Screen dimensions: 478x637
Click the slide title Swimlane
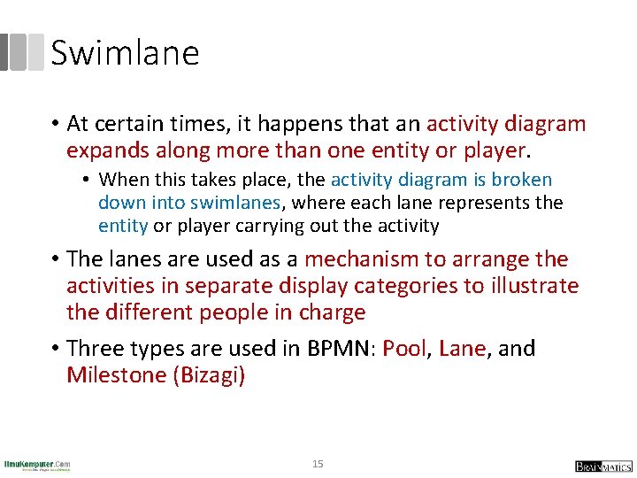tap(125, 53)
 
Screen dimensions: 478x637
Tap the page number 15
tap(318, 463)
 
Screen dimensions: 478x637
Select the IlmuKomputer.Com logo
tap(37, 464)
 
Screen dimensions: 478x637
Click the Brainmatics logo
tap(602, 466)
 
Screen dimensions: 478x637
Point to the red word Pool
tap(404, 348)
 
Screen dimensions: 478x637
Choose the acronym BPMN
tap(337, 348)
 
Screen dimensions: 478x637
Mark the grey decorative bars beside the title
tap(21, 52)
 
